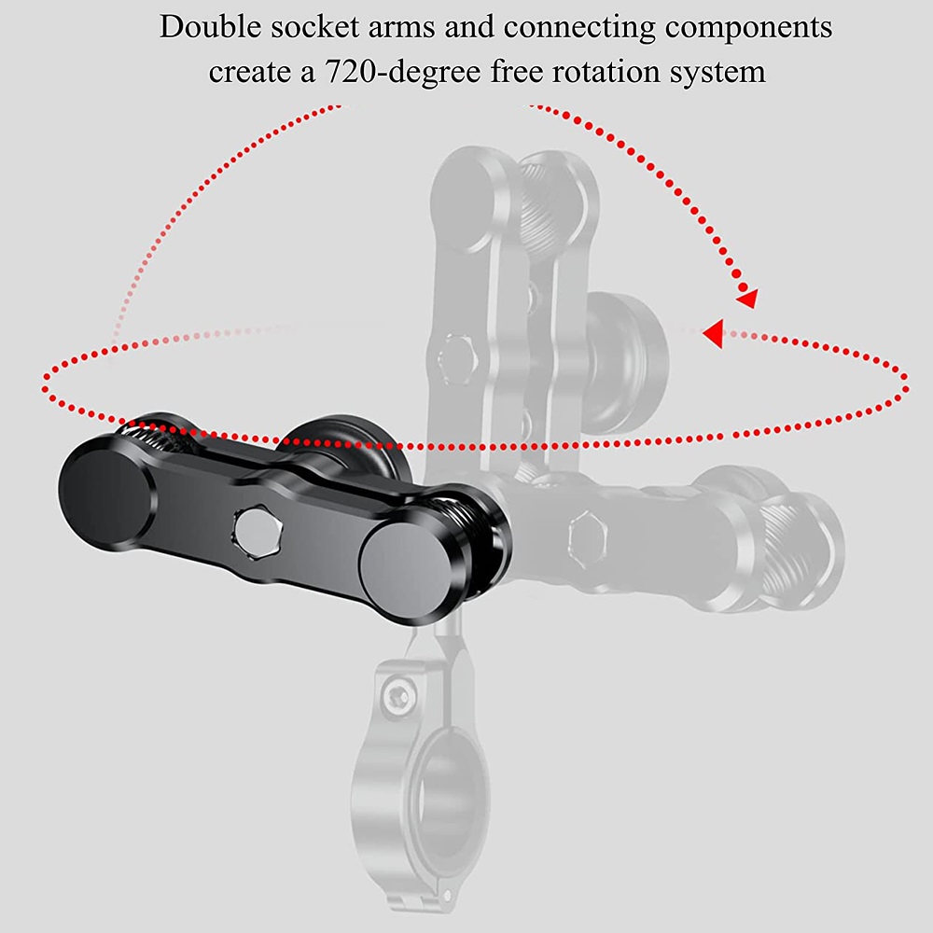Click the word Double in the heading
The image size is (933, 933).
(x=210, y=27)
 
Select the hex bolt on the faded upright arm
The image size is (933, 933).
(x=457, y=358)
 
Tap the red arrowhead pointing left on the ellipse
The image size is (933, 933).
(x=714, y=333)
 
